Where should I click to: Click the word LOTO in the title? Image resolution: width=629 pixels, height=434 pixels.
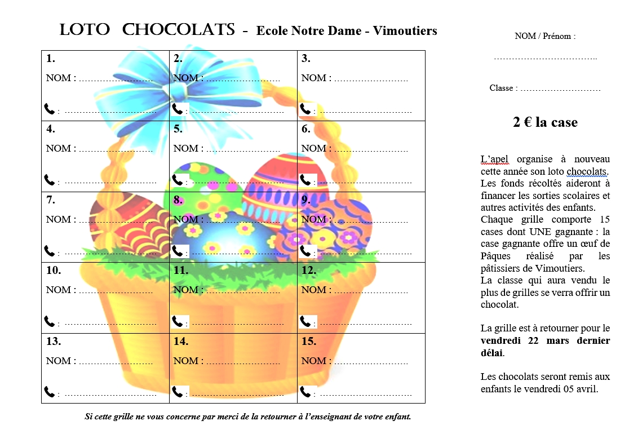pos(85,30)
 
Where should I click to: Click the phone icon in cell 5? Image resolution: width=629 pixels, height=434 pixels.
pos(178,180)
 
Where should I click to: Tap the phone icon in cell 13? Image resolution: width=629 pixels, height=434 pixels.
pos(50,392)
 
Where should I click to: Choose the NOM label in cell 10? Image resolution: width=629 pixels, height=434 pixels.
pos(59,290)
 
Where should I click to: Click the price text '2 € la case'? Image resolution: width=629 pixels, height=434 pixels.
pos(545,122)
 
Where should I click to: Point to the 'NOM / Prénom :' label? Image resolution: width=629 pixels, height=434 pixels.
pos(545,36)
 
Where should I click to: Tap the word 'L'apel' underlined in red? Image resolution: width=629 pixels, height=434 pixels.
pos(494,159)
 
